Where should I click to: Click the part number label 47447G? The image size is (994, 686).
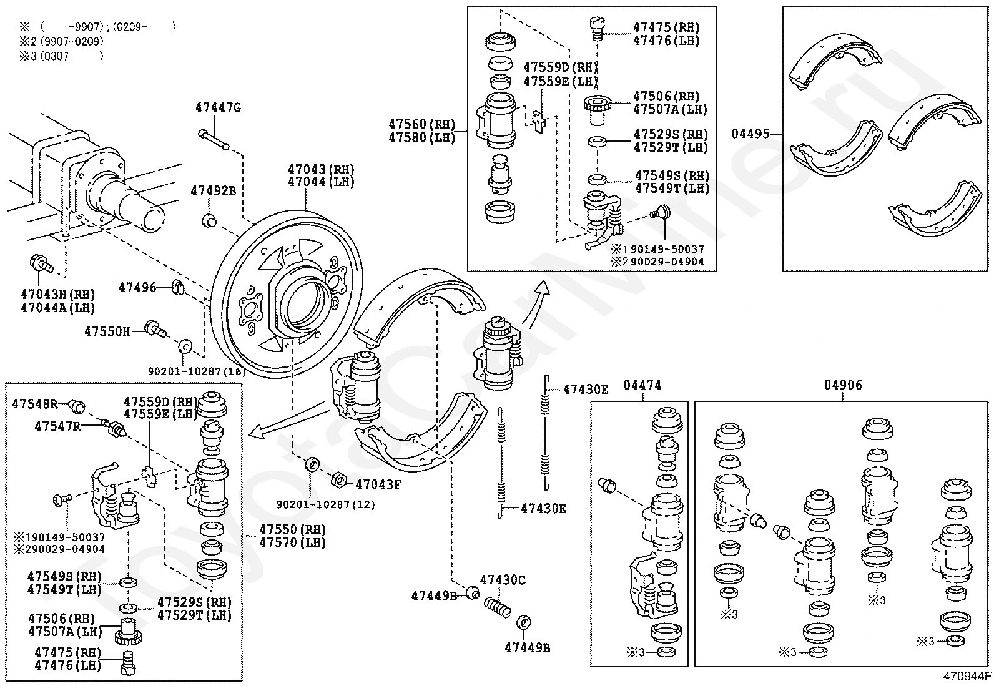[x=219, y=108]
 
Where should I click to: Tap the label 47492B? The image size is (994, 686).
[x=214, y=191]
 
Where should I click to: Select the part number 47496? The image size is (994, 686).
[x=137, y=288]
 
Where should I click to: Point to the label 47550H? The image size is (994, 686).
[x=107, y=331]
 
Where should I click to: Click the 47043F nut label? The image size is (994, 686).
[x=378, y=484]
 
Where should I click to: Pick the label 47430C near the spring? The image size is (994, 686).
[x=503, y=580]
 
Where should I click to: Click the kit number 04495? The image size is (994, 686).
[x=750, y=133]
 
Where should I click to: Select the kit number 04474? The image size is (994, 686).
[x=642, y=385]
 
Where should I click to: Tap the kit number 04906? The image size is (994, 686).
[x=843, y=385]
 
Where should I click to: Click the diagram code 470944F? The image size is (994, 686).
[x=967, y=676]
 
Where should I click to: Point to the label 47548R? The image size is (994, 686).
[x=34, y=404]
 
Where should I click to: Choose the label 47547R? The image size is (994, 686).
[x=57, y=426]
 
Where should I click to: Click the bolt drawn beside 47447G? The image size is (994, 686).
[x=214, y=139]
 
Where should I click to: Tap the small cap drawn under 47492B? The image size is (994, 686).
[x=209, y=220]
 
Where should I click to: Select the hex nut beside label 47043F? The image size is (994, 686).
[x=338, y=479]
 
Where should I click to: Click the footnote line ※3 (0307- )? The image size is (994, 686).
[x=61, y=56]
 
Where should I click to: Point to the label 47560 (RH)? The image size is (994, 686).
[x=422, y=124]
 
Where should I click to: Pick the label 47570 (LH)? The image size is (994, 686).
[x=292, y=542]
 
